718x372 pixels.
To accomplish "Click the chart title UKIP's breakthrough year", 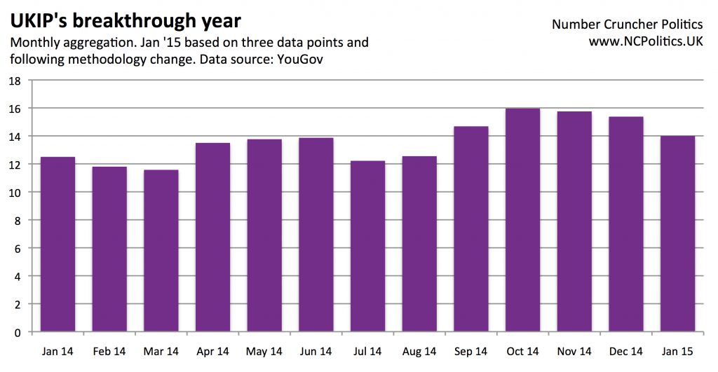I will (x=126, y=20).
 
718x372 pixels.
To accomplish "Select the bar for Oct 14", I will (x=522, y=220).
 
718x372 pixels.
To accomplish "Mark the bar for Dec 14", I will (x=626, y=223).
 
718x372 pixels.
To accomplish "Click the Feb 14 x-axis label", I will (x=109, y=351).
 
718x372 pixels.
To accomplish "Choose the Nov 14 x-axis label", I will (x=574, y=351).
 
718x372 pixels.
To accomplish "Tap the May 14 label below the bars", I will (x=264, y=351).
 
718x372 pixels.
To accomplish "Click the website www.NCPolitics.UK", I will (x=645, y=42).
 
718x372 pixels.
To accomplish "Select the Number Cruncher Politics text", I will (x=627, y=24).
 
